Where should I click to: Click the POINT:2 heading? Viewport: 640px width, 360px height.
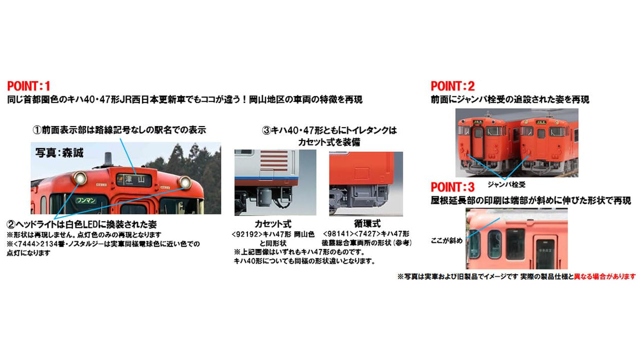point(453,86)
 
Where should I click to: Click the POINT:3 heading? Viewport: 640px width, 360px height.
point(453,187)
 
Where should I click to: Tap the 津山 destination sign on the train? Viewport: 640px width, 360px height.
point(133,179)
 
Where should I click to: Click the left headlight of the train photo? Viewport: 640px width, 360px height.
point(80,179)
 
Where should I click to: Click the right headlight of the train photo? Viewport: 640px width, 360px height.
point(185,182)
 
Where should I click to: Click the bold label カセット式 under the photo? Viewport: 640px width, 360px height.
point(273,224)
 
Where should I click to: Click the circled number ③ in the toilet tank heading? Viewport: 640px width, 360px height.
point(266,131)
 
